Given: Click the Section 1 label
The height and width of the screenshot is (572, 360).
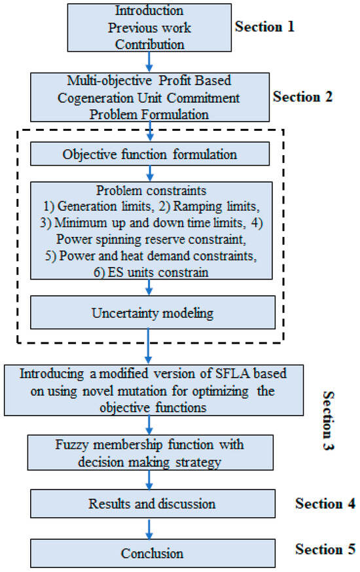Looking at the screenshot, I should point(265,27).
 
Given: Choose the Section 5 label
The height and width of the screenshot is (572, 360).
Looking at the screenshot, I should point(325,548).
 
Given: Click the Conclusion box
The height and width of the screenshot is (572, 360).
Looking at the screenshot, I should point(152,553).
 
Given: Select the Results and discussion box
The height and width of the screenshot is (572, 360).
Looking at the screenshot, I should point(152,505).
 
